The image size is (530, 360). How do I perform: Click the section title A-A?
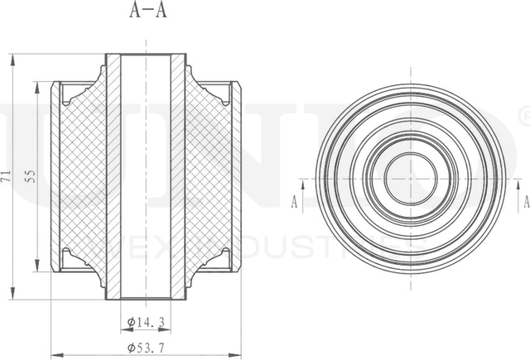(147, 12)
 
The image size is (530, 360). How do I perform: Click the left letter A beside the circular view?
(295, 200)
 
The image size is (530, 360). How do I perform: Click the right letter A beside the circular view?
(525, 200)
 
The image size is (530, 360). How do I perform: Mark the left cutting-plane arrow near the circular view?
(304, 188)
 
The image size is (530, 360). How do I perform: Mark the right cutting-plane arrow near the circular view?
(516, 188)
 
